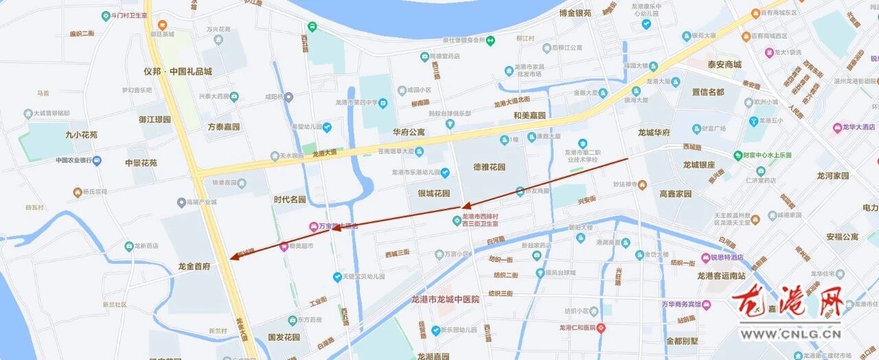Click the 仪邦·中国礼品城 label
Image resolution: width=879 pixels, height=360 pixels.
click(178, 71)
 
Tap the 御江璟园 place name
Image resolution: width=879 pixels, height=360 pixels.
click(154, 119)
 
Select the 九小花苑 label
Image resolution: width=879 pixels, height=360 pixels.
click(81, 135)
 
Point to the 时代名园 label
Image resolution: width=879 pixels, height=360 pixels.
click(289, 200)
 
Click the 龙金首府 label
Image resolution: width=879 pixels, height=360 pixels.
click(194, 266)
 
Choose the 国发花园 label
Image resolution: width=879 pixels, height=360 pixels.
click(284, 337)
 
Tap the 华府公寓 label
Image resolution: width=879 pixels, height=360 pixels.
click(409, 131)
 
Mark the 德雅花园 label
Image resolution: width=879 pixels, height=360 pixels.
click(489, 167)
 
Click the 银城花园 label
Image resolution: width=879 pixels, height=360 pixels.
click(434, 193)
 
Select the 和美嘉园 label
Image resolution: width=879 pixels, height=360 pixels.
click(529, 115)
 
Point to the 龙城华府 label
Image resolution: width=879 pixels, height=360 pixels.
click(654, 133)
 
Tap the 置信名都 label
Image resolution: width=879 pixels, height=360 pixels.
click(707, 92)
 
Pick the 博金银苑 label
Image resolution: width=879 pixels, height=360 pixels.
click(575, 13)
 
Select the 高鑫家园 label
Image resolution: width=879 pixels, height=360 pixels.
click(675, 194)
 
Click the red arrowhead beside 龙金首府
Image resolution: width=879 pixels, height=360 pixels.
click(233, 258)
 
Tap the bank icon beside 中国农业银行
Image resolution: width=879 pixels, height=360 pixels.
click(97, 161)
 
